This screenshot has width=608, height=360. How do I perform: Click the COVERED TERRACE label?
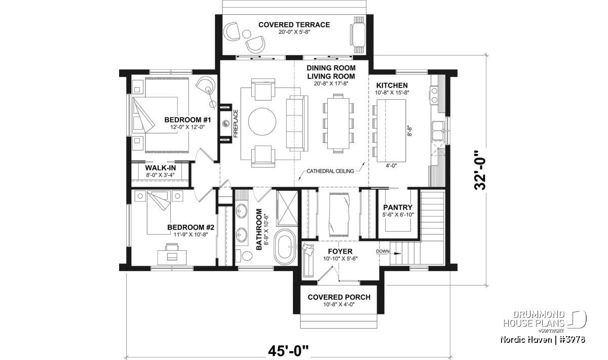click(294, 25)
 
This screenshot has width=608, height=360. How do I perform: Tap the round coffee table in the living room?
click(262, 122)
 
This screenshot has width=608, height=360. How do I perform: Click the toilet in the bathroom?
click(244, 256)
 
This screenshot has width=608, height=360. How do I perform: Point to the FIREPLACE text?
click(236, 124)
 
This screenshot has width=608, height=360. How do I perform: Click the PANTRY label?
click(398, 208)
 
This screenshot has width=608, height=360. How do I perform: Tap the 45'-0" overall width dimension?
click(288, 351)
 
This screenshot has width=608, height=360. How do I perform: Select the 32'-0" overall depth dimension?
click(480, 170)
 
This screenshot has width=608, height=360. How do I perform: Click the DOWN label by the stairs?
click(383, 252)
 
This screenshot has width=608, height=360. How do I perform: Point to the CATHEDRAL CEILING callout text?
click(330, 171)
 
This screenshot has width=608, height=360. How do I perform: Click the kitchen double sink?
click(438, 131)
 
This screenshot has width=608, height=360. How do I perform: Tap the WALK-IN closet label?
click(161, 168)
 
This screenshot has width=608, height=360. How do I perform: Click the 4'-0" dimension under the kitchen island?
click(391, 166)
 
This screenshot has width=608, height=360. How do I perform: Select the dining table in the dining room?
click(338, 124)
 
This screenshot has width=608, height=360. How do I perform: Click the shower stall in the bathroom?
click(287, 208)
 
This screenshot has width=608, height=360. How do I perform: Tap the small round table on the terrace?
click(246, 34)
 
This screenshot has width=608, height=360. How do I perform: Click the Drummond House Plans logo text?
click(534, 319)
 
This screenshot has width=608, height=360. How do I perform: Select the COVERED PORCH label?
click(339, 297)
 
